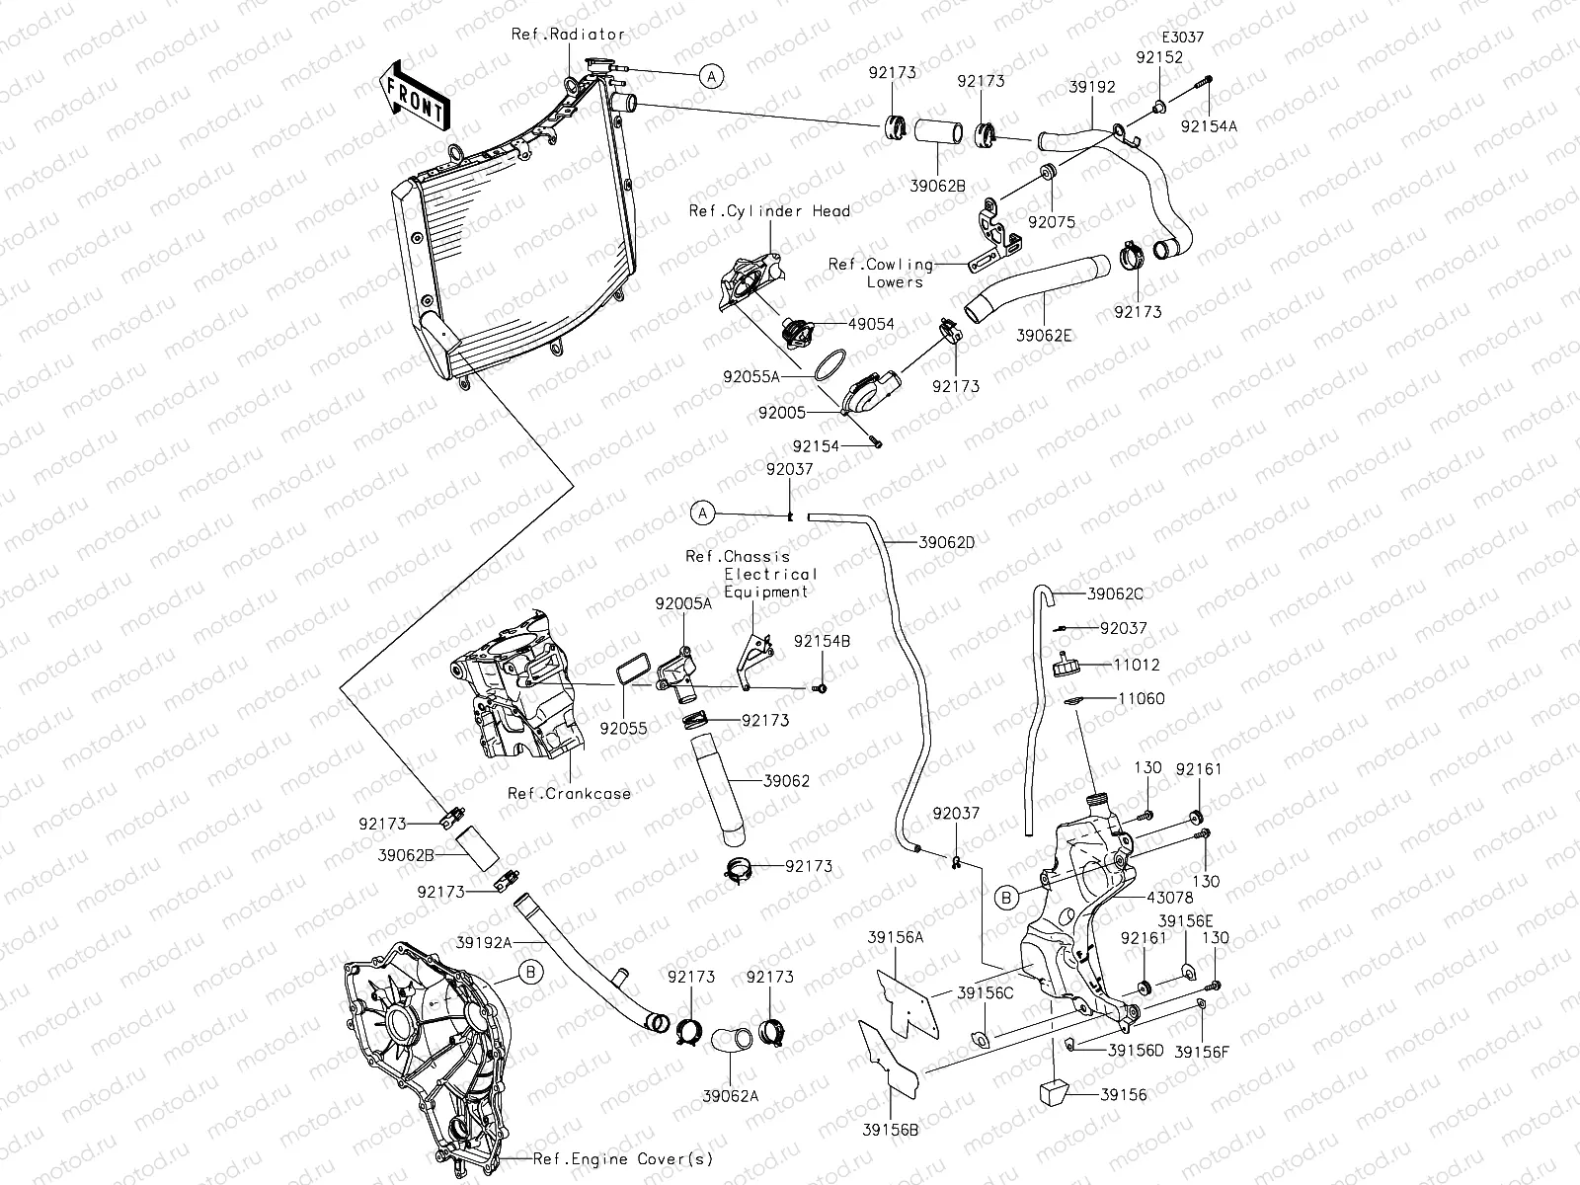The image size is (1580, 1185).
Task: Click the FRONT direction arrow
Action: click(x=414, y=97)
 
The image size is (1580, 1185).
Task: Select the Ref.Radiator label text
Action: click(x=568, y=34)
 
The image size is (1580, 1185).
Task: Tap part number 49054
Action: click(x=871, y=324)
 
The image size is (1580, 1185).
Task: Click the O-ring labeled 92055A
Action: click(x=829, y=364)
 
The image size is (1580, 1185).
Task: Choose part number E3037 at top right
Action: click(x=1183, y=37)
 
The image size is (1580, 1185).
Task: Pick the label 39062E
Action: click(x=1044, y=336)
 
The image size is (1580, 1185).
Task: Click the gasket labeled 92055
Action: click(x=634, y=671)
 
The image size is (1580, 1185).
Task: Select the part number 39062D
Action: click(x=947, y=542)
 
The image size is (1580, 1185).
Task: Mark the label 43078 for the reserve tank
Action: click(x=1170, y=898)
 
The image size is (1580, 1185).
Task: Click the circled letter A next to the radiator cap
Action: click(x=711, y=76)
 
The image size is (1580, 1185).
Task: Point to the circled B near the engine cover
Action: click(x=531, y=973)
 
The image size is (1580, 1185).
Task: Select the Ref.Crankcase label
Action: click(x=570, y=793)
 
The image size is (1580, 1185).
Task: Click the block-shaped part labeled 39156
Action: click(x=1053, y=1091)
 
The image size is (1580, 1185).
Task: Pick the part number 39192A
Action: click(x=484, y=942)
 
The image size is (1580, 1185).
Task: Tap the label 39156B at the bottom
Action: click(x=891, y=1130)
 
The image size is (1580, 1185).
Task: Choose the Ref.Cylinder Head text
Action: click(x=769, y=210)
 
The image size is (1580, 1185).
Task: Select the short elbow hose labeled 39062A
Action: click(x=732, y=1040)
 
